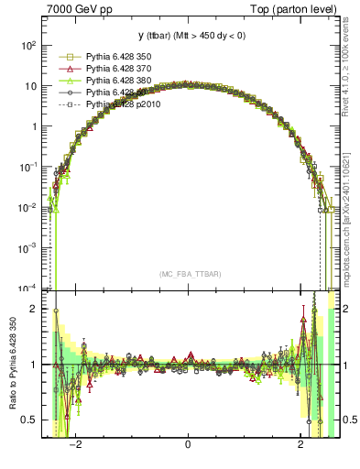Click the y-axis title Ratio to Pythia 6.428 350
(x=11, y=366)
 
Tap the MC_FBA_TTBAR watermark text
(x=188, y=274)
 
